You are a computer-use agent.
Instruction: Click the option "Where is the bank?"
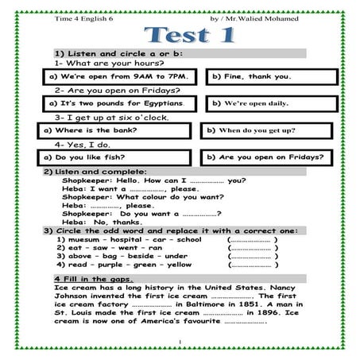(116, 130)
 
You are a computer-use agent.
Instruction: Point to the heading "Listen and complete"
(96, 172)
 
